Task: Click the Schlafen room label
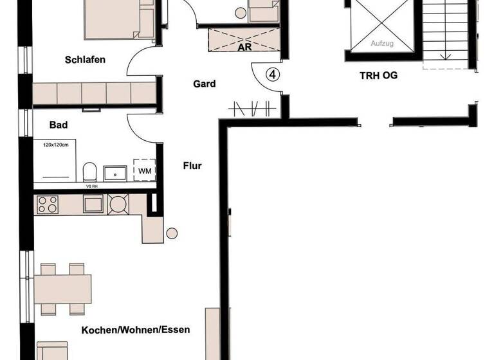(x=85, y=60)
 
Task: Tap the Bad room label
(x=59, y=125)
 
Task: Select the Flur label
(x=192, y=166)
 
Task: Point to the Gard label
(x=204, y=84)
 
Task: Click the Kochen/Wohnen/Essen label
(x=135, y=330)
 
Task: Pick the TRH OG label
(x=378, y=75)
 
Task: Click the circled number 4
(x=273, y=75)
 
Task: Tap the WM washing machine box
(x=144, y=171)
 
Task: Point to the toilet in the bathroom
(x=89, y=172)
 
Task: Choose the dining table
(x=63, y=289)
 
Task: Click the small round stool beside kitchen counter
(x=171, y=233)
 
